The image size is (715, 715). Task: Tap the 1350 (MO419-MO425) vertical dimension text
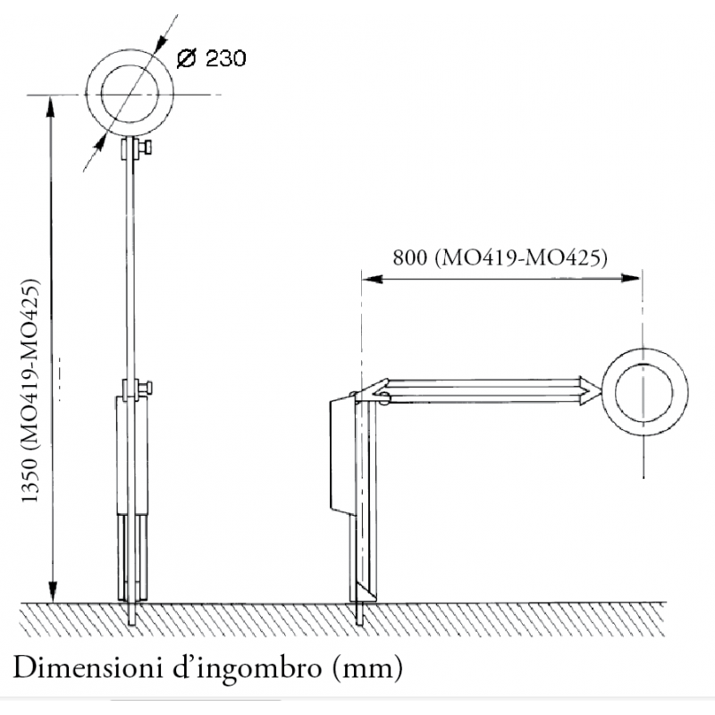(30, 394)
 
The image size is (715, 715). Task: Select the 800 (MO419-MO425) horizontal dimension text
(500, 258)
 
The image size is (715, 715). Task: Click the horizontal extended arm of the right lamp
(483, 391)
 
